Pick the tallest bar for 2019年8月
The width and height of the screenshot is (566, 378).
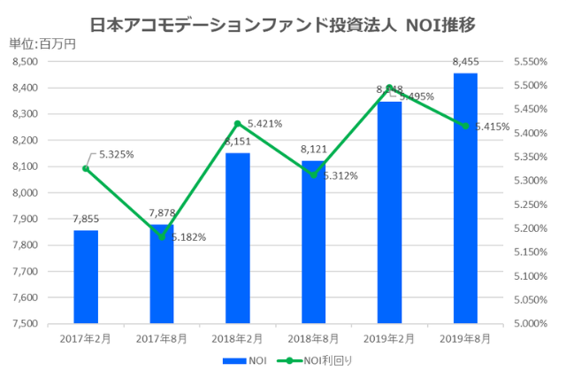pos(465,198)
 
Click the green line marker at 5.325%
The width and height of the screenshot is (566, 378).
pos(86,168)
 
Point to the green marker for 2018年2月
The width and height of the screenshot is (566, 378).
pos(237,123)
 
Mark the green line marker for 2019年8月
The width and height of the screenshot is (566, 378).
pos(465,126)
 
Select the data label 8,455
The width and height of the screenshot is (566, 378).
pos(465,62)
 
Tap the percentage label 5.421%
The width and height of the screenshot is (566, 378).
pos(264,124)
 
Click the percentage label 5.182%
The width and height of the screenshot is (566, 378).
pos(188,237)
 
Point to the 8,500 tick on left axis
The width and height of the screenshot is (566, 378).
pos(26,62)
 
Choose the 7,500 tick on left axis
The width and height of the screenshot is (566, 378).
pos(26,324)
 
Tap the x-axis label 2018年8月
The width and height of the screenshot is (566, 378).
pos(313,337)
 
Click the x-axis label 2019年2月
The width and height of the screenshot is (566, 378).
pos(389,337)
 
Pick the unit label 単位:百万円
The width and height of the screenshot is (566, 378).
pos(42,43)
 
